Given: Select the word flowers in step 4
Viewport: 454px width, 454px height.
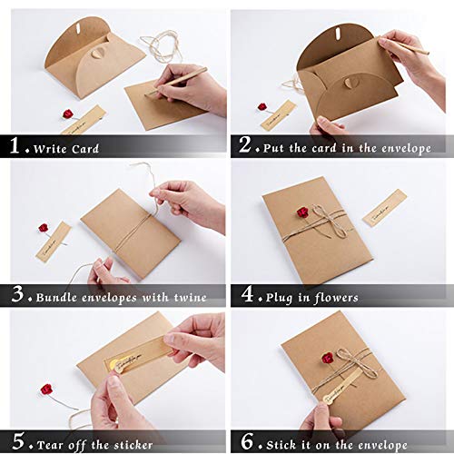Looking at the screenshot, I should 336,297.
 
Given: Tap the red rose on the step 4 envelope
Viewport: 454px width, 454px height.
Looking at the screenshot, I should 302,212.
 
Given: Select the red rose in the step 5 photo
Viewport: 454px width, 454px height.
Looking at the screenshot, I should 45,390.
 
